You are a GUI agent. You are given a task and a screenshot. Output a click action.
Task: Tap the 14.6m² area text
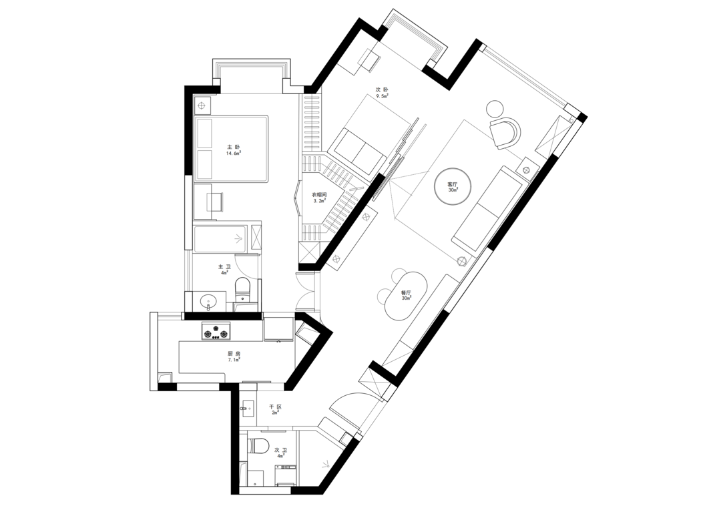233,153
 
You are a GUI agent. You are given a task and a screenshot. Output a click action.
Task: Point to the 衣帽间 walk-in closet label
320,195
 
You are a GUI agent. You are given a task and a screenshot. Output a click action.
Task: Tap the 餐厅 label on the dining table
406,292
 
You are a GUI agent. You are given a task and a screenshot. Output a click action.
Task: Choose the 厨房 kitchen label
234,354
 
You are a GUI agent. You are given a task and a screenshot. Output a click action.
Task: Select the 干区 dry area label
275,407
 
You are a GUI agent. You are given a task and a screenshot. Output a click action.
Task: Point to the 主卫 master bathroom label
224,266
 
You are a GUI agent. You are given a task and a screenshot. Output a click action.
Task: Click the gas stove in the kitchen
216,331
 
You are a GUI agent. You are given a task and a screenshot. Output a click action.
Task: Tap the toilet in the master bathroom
242,290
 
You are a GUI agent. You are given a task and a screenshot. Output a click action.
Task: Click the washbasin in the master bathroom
209,302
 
